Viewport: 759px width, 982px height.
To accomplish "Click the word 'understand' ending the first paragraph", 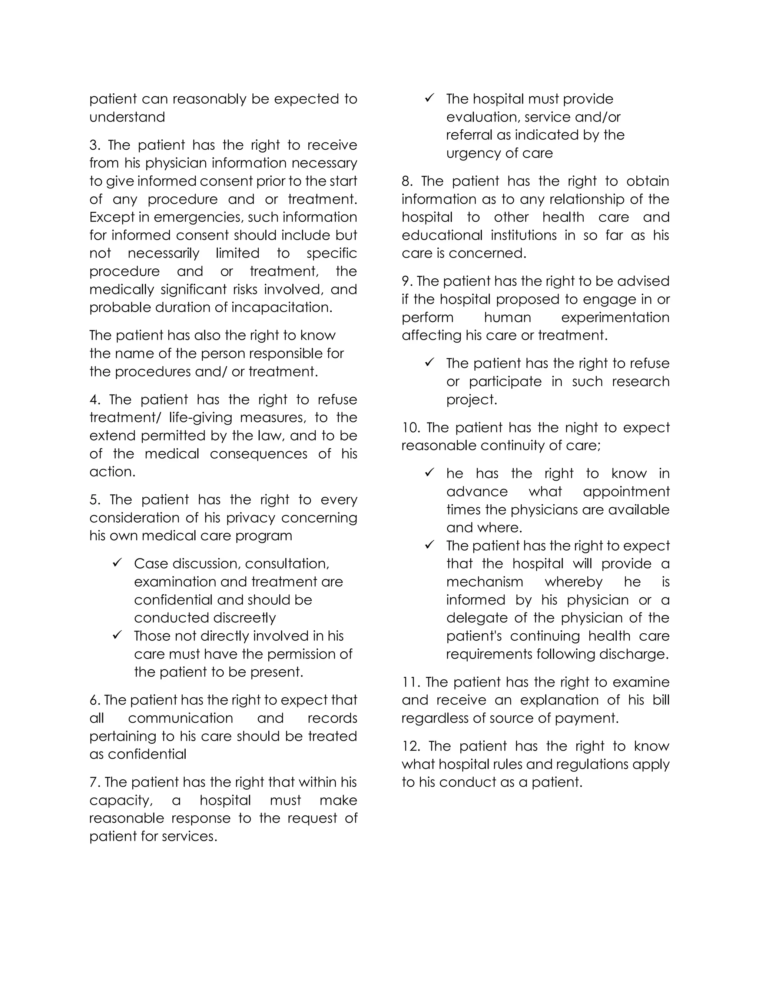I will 127,117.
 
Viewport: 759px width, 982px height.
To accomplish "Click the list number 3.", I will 94,145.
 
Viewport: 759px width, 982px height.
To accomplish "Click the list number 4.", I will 95,400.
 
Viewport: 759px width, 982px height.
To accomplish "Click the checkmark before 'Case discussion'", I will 117,563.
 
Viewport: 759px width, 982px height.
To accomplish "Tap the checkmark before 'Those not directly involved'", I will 117,635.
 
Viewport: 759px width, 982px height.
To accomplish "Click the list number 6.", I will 94,700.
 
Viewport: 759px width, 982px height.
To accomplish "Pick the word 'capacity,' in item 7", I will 121,800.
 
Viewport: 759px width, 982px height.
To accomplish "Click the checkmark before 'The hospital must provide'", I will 430,98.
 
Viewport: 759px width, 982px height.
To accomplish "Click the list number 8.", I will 407,181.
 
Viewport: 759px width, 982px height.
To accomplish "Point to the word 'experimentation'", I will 615,318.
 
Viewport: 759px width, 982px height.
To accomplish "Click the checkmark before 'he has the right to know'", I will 430,472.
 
